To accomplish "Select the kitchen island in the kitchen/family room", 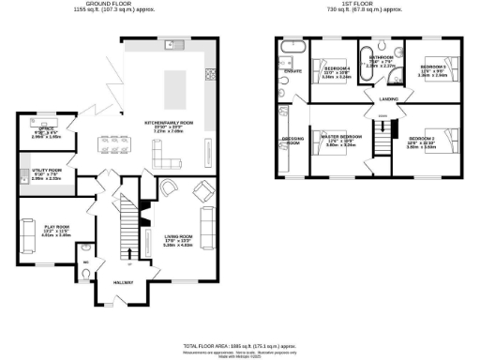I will (176, 90).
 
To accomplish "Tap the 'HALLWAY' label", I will (123, 282).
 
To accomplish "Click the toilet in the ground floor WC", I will (86, 274).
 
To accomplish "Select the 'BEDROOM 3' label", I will (432, 67).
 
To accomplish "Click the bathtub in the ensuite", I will (290, 45).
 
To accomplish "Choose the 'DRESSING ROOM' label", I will (292, 141).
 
